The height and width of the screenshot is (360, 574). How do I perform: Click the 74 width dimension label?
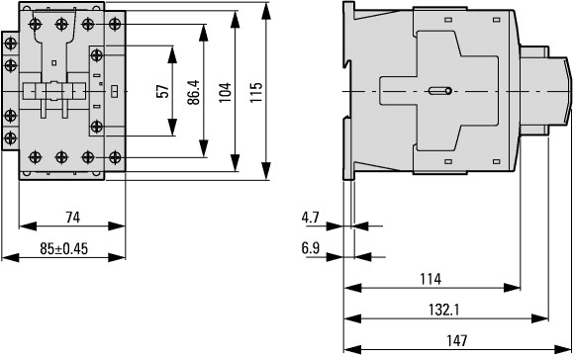click(72, 218)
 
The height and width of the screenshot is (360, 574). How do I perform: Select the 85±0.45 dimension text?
click(64, 249)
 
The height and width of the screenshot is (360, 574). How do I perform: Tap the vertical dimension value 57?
click(163, 91)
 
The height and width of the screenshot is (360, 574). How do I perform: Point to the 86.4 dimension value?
click(194, 92)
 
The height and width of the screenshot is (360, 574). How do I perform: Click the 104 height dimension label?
click(225, 92)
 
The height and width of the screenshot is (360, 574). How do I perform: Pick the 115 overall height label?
click(256, 92)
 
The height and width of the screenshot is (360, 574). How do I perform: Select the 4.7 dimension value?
click(311, 218)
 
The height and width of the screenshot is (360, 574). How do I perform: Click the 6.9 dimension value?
click(311, 248)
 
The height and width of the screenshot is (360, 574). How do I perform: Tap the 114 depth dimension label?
click(430, 279)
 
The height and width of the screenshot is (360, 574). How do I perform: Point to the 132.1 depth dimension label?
click(444, 310)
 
